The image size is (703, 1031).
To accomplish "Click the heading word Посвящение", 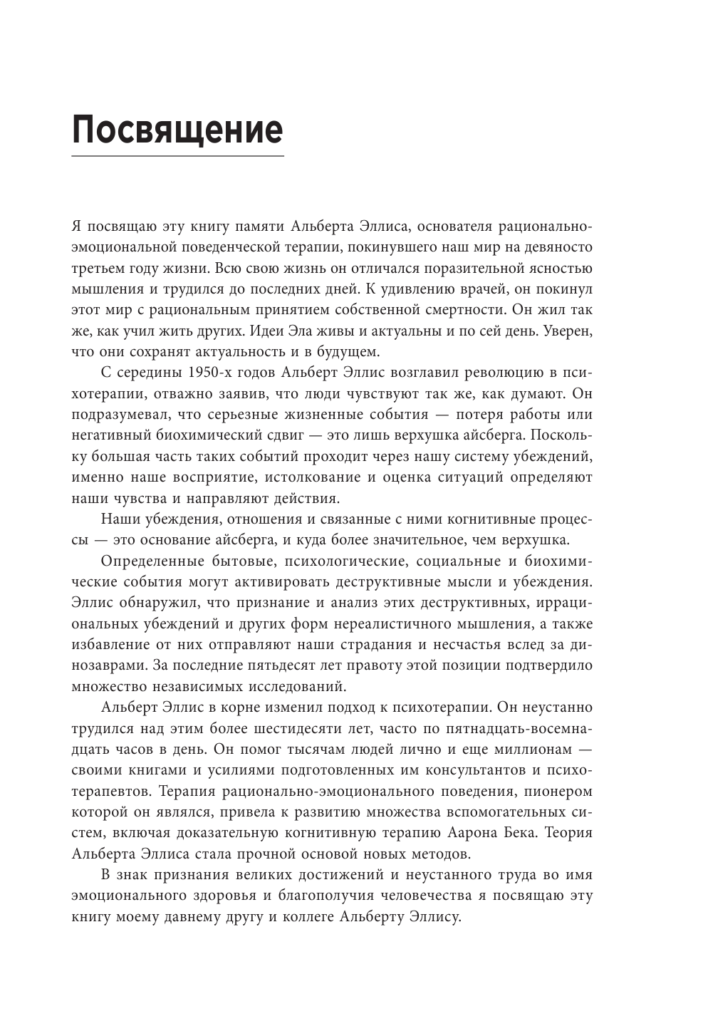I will click(177, 130).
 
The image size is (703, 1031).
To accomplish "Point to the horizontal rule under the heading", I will click(177, 155).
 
